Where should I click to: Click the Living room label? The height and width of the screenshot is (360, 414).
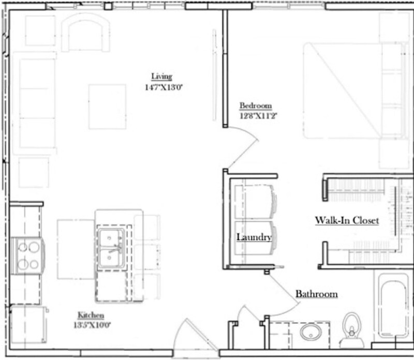(161, 76)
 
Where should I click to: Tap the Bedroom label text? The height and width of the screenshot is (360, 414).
(255, 106)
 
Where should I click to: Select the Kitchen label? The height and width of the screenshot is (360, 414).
(91, 315)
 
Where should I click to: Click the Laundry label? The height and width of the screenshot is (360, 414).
(254, 237)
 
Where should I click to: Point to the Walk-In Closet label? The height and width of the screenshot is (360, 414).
(347, 221)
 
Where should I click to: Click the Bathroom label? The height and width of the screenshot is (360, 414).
(316, 294)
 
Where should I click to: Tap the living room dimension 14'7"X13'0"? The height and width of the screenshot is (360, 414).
(164, 87)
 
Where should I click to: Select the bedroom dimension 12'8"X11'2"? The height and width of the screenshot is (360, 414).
(256, 116)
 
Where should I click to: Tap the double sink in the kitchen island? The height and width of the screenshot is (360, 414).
(111, 247)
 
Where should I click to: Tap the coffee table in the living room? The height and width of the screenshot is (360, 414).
(107, 107)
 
